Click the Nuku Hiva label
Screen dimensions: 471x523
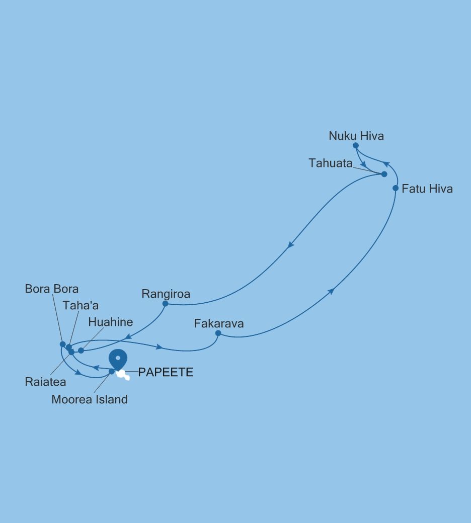click(x=356, y=136)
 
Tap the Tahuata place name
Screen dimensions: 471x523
click(x=331, y=163)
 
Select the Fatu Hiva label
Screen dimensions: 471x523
click(x=427, y=189)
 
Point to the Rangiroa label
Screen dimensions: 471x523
click(x=166, y=294)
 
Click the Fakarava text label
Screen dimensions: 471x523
click(x=219, y=323)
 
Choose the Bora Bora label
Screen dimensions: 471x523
click(x=52, y=289)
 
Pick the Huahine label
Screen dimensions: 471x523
click(x=110, y=322)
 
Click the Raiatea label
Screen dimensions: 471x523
click(x=45, y=382)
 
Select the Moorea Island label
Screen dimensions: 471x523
click(x=90, y=400)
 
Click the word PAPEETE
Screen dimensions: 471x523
click(x=166, y=373)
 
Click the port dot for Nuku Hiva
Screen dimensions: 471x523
click(x=356, y=145)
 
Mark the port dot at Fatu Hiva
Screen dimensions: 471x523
click(x=396, y=189)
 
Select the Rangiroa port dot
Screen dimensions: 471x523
click(x=165, y=303)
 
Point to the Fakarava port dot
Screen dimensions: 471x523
click(x=218, y=333)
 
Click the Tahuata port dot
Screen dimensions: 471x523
click(x=384, y=174)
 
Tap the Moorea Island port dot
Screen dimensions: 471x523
click(x=112, y=372)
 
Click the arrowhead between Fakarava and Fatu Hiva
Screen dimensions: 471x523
click(x=331, y=291)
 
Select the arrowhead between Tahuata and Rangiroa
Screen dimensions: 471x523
click(x=290, y=245)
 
